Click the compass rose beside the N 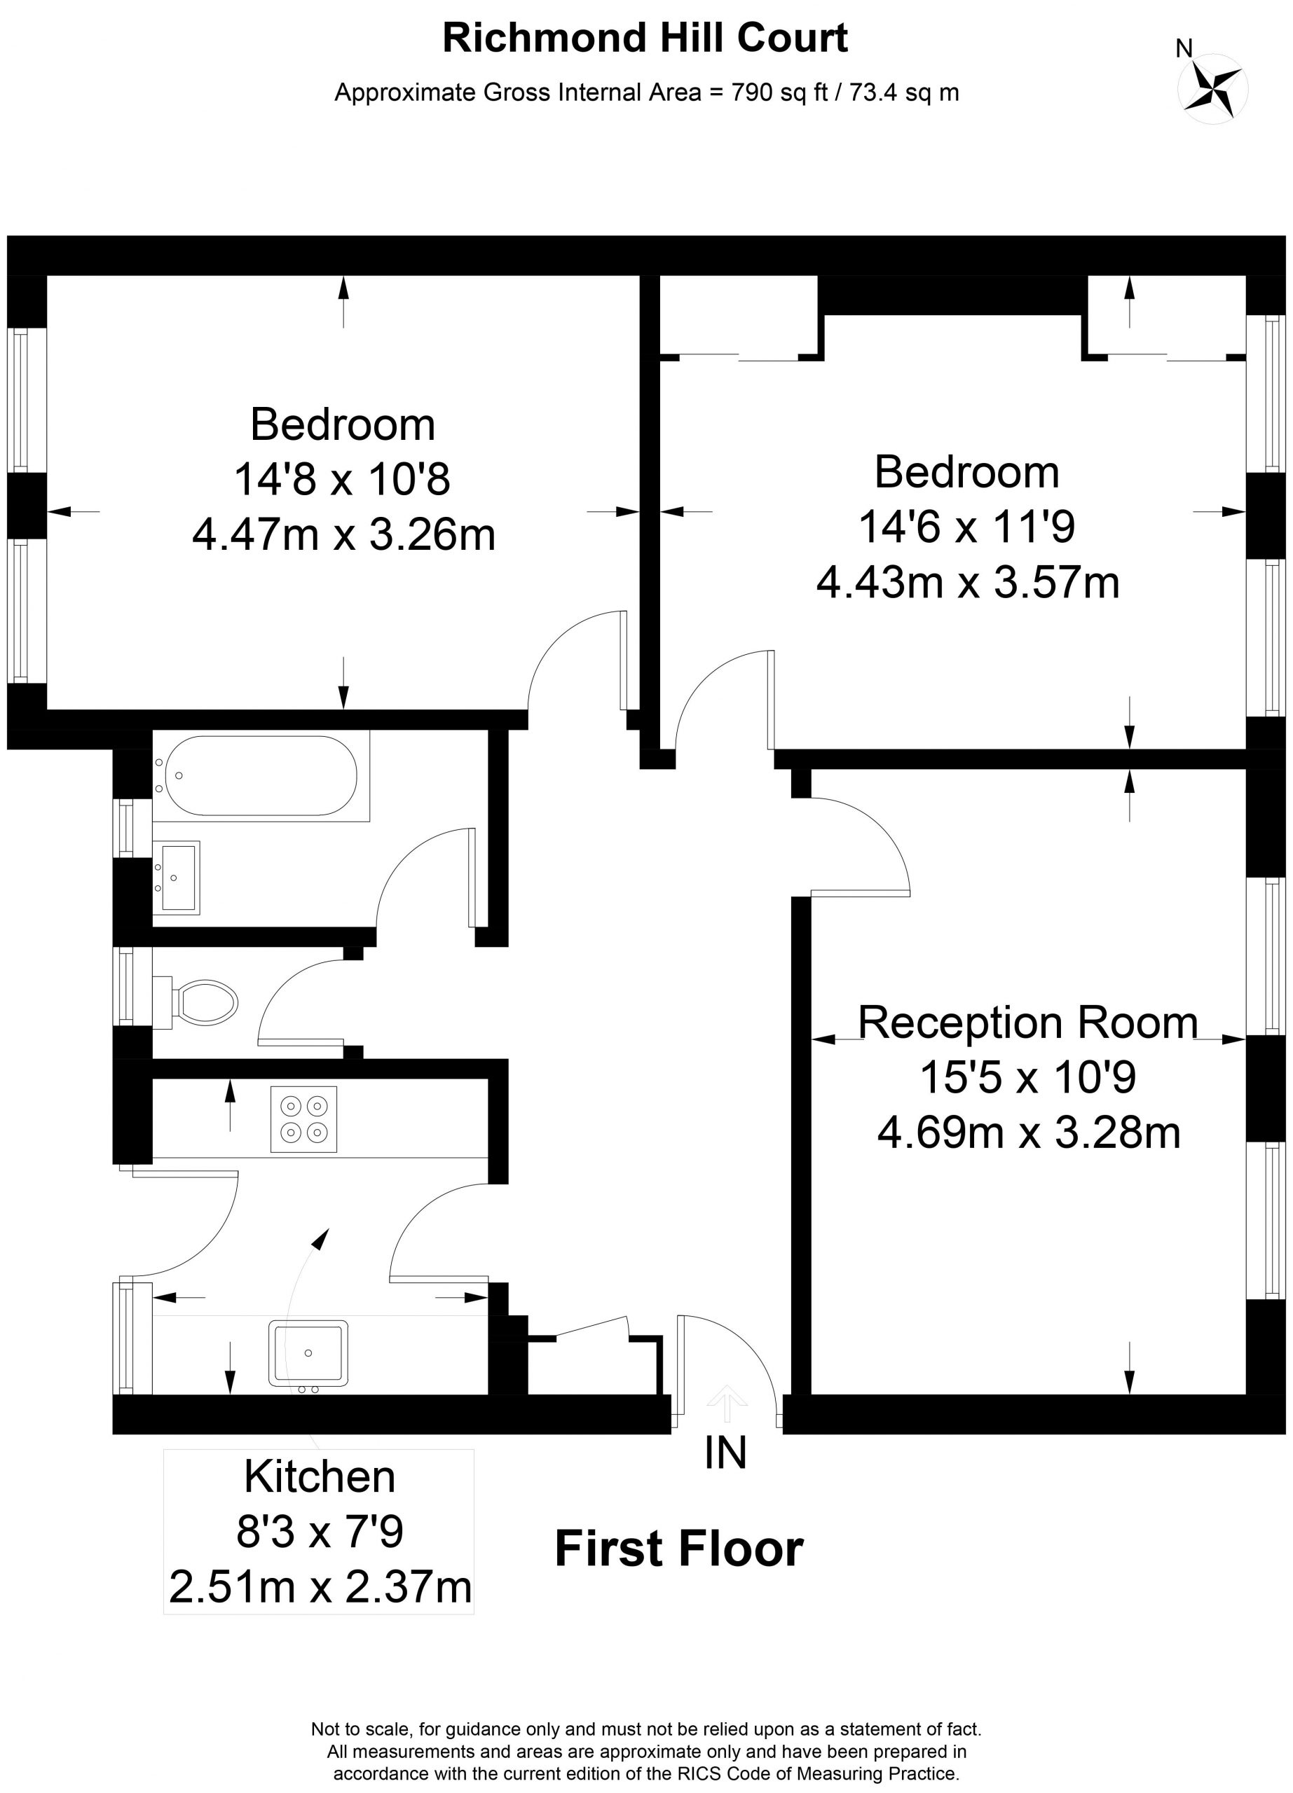click(1213, 88)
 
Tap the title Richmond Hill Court click(645, 38)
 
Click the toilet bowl click(205, 1002)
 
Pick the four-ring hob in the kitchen click(303, 1119)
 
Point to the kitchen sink click(308, 1352)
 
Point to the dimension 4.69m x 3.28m click(1029, 1132)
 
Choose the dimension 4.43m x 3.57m click(968, 583)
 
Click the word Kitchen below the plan click(320, 1477)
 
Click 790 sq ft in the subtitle click(780, 93)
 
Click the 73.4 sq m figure click(904, 93)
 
